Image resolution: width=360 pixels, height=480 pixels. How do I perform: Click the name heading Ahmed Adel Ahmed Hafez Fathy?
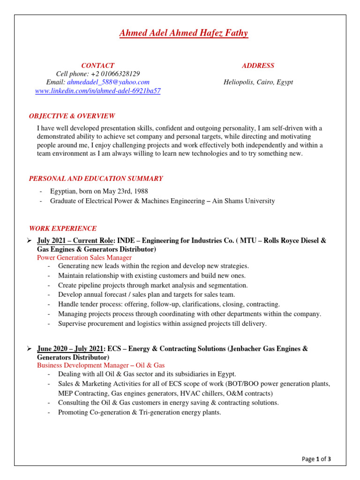[x=183, y=33]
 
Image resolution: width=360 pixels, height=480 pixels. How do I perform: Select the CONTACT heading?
[x=97, y=66]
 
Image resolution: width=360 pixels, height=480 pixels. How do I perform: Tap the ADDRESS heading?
[x=258, y=66]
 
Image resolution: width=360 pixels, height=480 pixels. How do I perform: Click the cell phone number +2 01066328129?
[x=115, y=74]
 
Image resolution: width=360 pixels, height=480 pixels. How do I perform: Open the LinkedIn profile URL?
[x=98, y=91]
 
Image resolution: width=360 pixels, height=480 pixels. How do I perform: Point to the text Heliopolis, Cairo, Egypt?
[x=258, y=82]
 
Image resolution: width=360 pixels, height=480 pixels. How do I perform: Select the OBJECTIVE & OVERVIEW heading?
[x=72, y=116]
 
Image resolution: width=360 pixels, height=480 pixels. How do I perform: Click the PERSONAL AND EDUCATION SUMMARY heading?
[x=96, y=179]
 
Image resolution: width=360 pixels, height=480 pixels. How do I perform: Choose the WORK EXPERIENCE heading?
[x=63, y=229]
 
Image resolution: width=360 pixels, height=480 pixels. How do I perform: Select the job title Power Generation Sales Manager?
[x=84, y=257]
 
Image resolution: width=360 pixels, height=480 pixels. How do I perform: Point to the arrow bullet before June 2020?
[x=29, y=349]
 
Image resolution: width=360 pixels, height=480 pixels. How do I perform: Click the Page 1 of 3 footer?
[x=316, y=459]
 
